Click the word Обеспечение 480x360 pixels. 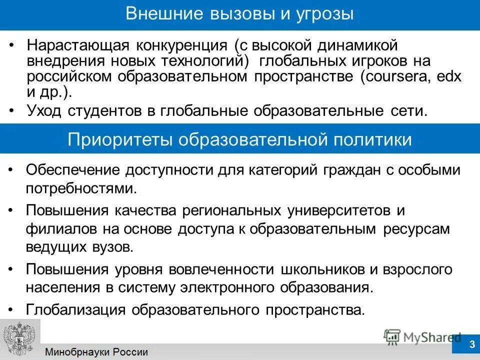click(x=72, y=170)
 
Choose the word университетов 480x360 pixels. click(x=338, y=210)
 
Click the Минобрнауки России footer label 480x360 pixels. click(x=97, y=352)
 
